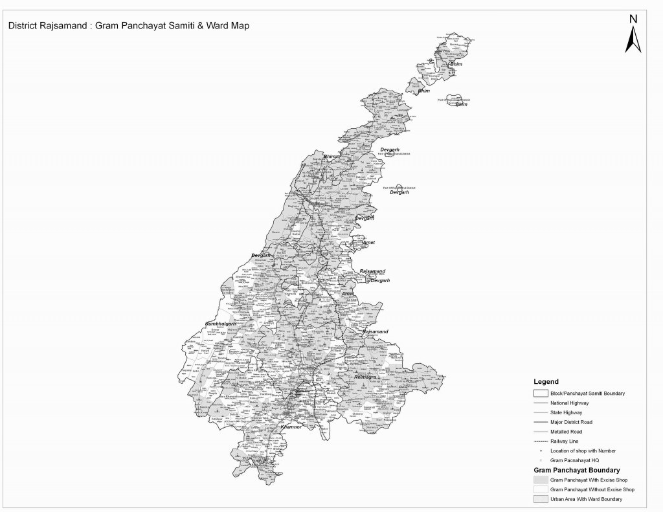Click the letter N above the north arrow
[633, 19]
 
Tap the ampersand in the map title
[199, 27]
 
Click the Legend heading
[546, 382]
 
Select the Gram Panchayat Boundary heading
[577, 469]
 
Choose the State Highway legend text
[567, 412]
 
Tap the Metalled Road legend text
[567, 431]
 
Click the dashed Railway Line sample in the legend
[541, 441]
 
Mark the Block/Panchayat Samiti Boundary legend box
[541, 393]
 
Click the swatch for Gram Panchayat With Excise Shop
[541, 480]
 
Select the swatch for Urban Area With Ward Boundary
[541, 499]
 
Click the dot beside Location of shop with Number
[541, 451]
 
